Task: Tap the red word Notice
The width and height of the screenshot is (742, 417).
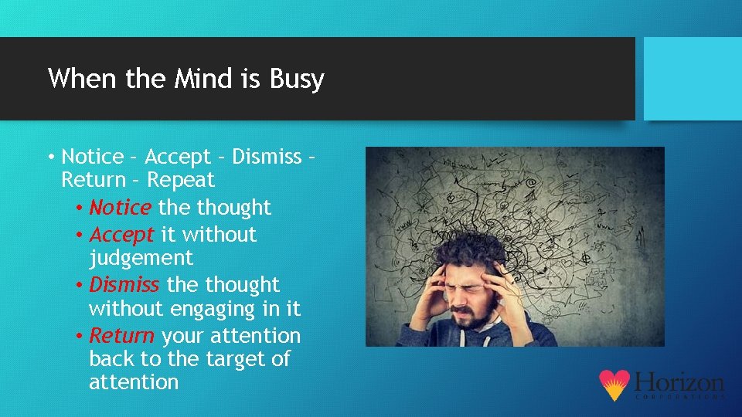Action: pyautogui.click(x=121, y=208)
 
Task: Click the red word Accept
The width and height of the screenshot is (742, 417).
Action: pyautogui.click(x=122, y=234)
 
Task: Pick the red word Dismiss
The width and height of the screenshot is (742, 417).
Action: pyautogui.click(x=124, y=285)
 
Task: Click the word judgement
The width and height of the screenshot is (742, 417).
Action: pyautogui.click(x=141, y=258)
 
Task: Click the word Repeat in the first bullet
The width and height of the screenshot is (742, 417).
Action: pyautogui.click(x=181, y=180)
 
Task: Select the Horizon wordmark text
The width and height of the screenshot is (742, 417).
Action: pyautogui.click(x=679, y=382)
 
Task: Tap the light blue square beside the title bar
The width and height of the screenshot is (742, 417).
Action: pyautogui.click(x=693, y=78)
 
